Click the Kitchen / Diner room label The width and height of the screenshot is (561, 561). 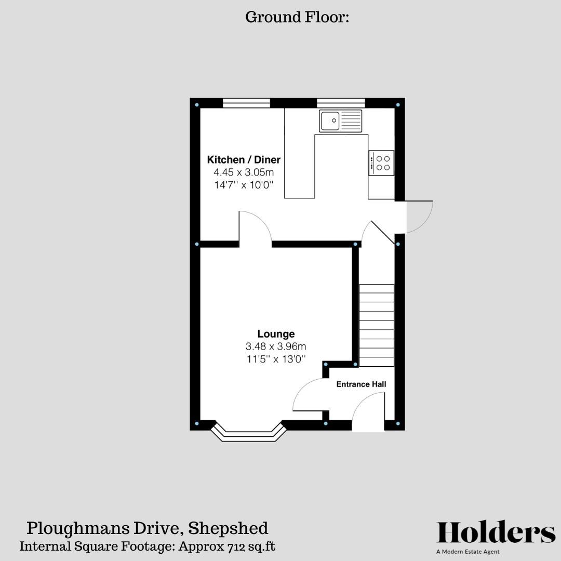click(244, 159)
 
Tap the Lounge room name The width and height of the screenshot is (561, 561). click(276, 334)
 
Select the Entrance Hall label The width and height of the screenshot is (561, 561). click(361, 384)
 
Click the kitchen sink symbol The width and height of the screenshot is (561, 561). click(341, 122)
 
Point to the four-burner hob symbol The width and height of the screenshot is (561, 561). click(381, 163)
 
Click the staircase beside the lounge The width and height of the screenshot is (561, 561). click(377, 325)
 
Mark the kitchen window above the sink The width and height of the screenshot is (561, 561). click(341, 103)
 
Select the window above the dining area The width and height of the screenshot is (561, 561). click(246, 103)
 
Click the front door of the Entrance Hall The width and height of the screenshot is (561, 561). click(368, 413)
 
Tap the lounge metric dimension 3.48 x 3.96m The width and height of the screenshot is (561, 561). click(276, 346)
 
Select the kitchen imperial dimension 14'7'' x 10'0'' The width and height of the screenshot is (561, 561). click(244, 184)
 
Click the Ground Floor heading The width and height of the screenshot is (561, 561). click(297, 17)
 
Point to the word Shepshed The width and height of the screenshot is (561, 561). click(228, 528)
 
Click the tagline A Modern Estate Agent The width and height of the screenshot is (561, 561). click(470, 552)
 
